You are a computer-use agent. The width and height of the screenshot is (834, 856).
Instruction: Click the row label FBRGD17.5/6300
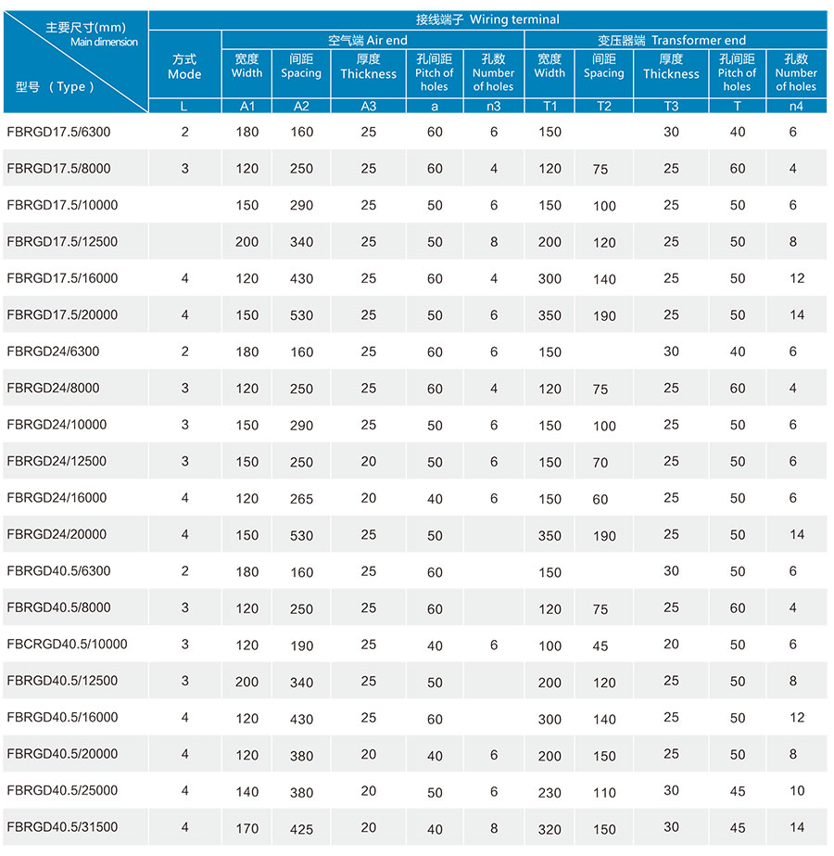[58, 132]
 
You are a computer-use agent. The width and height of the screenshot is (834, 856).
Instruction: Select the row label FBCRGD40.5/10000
[67, 644]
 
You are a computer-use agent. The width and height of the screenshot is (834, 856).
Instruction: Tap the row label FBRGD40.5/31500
[62, 827]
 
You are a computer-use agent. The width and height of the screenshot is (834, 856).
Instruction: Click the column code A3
[368, 106]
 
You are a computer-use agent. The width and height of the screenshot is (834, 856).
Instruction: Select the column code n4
[796, 106]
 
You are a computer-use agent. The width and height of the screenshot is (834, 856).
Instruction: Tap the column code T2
[604, 106]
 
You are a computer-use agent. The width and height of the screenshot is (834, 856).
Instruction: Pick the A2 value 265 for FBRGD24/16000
[301, 499]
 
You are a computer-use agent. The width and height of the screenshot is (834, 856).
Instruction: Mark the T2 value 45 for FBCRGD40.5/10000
[600, 645]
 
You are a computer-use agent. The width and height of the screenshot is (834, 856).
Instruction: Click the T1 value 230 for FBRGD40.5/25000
[550, 792]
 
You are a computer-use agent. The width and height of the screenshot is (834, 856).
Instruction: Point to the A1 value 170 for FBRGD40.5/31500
[246, 828]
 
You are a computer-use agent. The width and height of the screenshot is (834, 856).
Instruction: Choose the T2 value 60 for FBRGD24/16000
[600, 500]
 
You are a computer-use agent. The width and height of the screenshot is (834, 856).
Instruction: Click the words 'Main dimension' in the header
[104, 42]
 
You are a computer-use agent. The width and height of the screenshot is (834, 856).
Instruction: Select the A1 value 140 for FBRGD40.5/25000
[246, 791]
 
